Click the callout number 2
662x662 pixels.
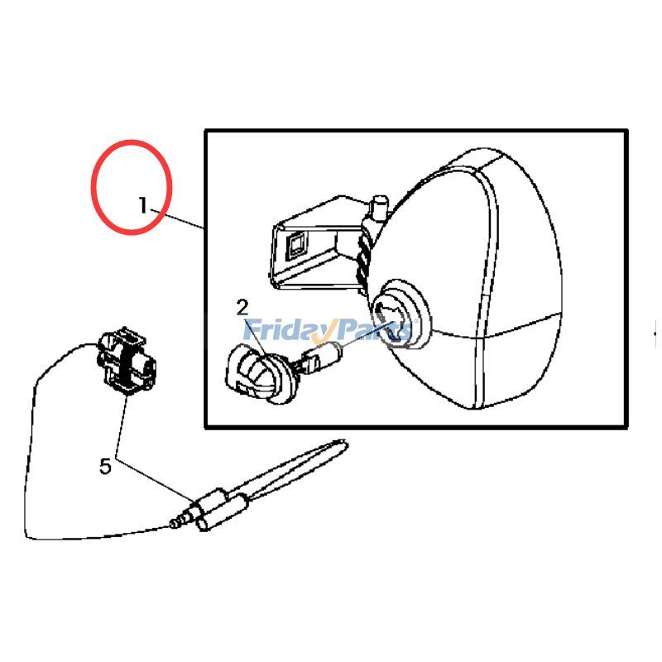tap(242, 308)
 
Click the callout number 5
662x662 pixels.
tap(105, 467)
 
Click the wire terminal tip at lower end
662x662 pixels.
tap(175, 523)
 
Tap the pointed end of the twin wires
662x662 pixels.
tap(341, 444)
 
